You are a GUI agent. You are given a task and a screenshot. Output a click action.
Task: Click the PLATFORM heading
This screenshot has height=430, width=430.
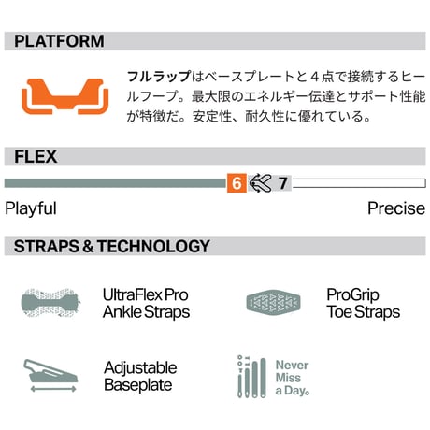(x=59, y=41)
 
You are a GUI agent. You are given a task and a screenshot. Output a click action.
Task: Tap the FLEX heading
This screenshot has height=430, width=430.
(x=36, y=156)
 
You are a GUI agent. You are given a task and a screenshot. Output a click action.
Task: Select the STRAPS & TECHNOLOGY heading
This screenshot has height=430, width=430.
(x=112, y=246)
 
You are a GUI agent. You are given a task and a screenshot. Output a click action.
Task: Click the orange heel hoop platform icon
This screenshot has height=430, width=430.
(x=65, y=96)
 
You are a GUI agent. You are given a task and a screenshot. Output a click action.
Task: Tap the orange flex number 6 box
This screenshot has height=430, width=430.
(x=236, y=183)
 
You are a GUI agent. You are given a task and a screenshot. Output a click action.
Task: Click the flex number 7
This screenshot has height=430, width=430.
(x=283, y=183)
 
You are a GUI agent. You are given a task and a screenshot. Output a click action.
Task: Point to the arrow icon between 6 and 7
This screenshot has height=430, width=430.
(x=261, y=183)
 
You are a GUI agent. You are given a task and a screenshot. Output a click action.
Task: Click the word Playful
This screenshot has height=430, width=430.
(x=31, y=208)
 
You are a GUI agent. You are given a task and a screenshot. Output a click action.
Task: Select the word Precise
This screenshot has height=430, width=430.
(x=396, y=208)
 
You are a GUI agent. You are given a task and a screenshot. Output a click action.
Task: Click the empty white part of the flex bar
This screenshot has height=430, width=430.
(x=359, y=183)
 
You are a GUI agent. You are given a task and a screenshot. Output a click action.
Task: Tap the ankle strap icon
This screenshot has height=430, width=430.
(x=50, y=303)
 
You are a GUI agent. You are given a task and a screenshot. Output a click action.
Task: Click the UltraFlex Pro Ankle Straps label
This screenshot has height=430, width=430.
(x=146, y=303)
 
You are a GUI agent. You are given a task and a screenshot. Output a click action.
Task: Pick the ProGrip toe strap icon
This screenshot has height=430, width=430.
(x=273, y=303)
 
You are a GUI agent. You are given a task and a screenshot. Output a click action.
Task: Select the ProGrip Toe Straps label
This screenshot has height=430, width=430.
(x=364, y=303)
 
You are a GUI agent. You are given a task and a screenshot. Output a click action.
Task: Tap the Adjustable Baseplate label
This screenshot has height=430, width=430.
(x=140, y=376)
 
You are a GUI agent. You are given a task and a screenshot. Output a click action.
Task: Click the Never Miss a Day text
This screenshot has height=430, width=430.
(x=293, y=378)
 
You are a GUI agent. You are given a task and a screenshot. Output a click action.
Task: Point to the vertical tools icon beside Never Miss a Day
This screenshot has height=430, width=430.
(x=251, y=377)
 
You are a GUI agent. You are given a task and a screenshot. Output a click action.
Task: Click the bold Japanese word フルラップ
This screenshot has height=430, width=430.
(x=159, y=77)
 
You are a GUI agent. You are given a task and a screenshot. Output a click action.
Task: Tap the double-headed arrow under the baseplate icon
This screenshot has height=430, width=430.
(x=53, y=389)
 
